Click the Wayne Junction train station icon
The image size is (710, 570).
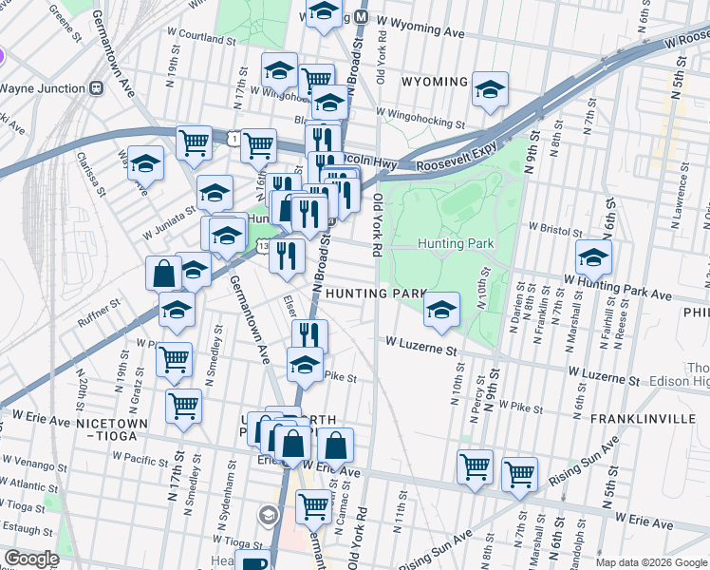(96, 87)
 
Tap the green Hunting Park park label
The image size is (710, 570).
(456, 244)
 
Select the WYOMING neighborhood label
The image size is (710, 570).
(435, 82)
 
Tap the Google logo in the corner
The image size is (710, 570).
(31, 559)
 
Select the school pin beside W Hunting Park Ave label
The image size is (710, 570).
(593, 257)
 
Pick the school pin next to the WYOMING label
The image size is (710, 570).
(490, 90)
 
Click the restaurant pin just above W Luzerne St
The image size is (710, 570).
(308, 335)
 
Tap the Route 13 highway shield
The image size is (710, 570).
(261, 247)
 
